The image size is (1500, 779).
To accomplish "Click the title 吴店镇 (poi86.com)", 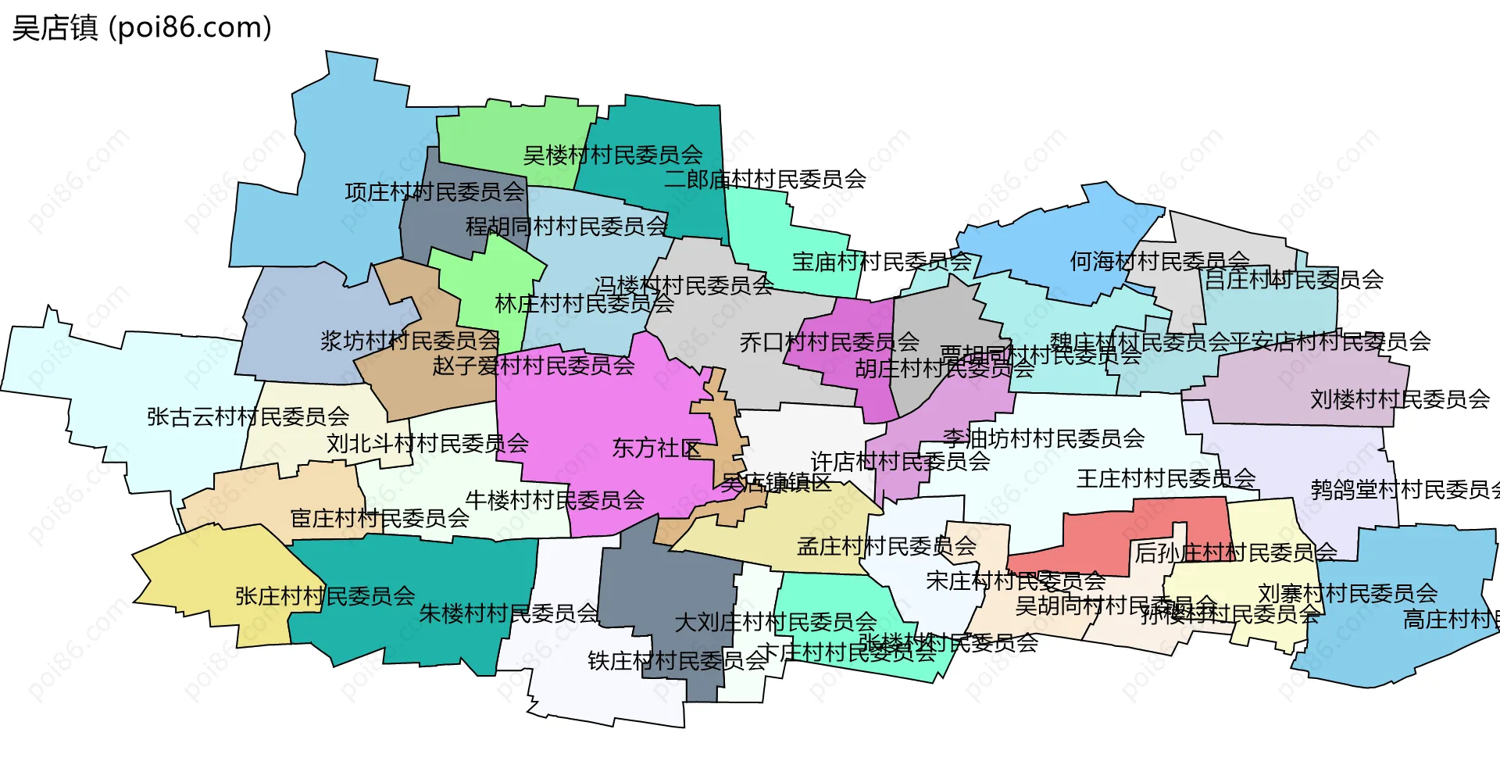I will (141, 28).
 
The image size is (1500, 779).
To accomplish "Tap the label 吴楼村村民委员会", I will (612, 155).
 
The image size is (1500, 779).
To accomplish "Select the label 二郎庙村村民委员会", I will (765, 180).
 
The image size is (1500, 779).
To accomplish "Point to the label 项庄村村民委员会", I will (434, 192).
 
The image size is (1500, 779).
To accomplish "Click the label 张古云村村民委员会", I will (248, 417).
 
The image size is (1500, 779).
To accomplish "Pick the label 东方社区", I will (656, 448).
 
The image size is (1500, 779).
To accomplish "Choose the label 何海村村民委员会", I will (1159, 262).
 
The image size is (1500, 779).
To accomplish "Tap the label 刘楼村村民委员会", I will (1400, 400).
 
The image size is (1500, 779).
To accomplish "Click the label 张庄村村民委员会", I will (325, 597).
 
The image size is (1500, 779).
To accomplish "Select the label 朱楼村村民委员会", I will (509, 614).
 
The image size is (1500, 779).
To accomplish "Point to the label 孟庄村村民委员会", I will (887, 547).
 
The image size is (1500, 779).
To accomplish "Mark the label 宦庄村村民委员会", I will (380, 519).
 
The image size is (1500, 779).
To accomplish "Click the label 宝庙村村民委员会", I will (882, 262).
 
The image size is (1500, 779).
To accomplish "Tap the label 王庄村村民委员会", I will (1166, 479).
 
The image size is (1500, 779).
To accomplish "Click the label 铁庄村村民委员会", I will (677, 662).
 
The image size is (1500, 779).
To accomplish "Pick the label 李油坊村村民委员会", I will (1043, 439).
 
